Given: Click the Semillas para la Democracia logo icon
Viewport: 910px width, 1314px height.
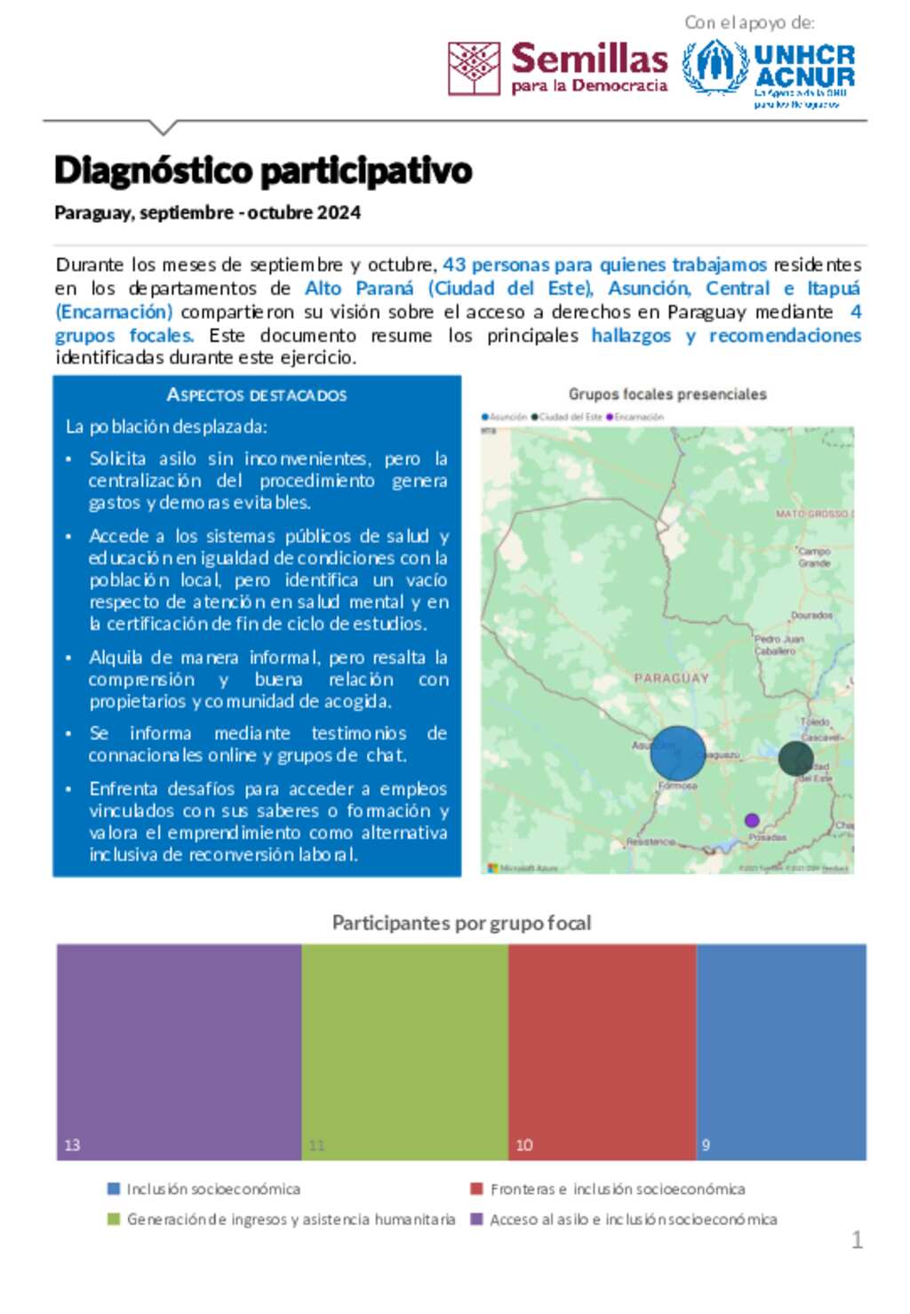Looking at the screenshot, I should (474, 68).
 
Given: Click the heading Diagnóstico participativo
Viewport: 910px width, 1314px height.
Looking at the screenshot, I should (263, 171).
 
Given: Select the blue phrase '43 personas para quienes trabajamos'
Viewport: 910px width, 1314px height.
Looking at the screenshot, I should (604, 265).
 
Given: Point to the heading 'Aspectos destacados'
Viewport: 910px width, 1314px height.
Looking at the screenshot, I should (257, 394).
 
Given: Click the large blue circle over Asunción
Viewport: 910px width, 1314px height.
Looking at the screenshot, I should (678, 753).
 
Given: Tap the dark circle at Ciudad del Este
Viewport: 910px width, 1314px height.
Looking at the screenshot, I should (795, 759).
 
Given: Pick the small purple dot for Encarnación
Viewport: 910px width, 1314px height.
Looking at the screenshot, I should (752, 820).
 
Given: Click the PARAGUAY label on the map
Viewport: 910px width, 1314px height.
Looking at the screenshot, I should (672, 678).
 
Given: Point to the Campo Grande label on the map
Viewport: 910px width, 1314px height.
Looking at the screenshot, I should (814, 557).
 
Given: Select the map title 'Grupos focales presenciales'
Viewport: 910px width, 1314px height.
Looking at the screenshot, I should (667, 394).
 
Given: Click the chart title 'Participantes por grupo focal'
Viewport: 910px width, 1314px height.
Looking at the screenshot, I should (461, 923).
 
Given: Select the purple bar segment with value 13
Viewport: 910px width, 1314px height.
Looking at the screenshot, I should (180, 1052).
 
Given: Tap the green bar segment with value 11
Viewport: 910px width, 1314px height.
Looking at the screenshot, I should (405, 1052).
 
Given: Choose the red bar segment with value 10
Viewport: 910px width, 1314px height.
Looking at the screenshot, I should (603, 1052).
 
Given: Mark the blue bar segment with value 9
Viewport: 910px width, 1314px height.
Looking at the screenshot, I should (781, 1052).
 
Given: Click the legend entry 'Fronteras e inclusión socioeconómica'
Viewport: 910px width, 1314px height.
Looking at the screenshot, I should (617, 1189).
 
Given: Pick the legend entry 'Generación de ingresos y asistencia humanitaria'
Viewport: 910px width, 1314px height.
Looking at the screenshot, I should (291, 1219).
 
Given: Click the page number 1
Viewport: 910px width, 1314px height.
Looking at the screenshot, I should (857, 1239).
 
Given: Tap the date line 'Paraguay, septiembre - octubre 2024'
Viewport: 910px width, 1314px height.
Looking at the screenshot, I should (207, 212).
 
